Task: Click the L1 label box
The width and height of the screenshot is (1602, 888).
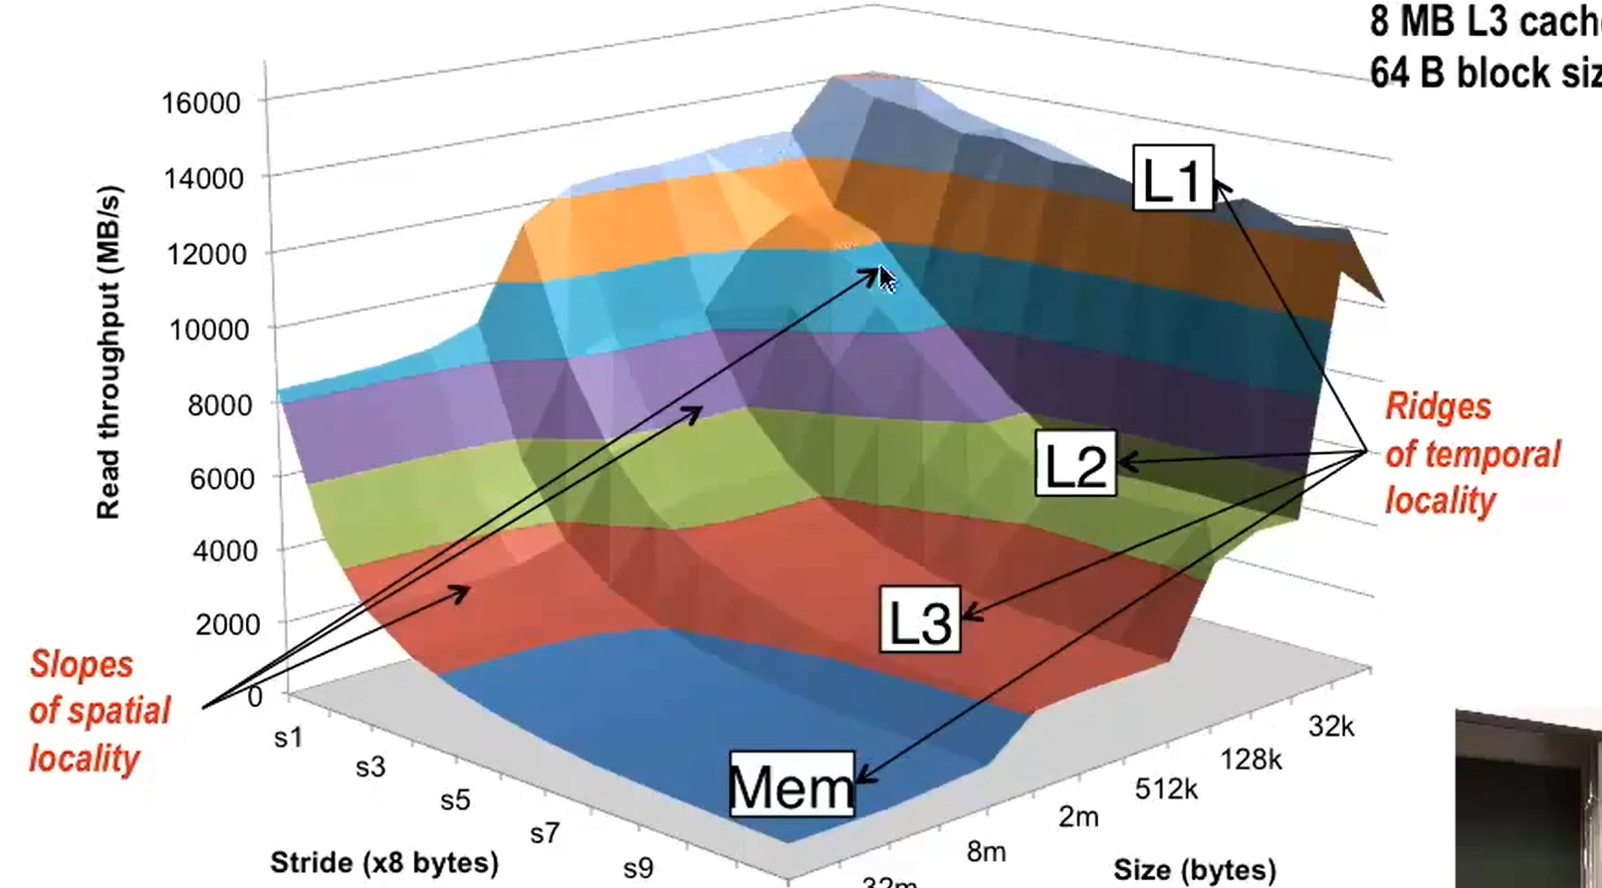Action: (x=1173, y=179)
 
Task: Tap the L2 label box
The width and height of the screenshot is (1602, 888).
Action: (x=1075, y=464)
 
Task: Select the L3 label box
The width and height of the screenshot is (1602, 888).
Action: (x=920, y=620)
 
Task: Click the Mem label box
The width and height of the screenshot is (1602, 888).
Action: (x=792, y=785)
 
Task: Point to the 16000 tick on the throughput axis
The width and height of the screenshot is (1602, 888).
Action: (x=201, y=103)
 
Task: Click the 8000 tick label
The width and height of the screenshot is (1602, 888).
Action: (x=219, y=404)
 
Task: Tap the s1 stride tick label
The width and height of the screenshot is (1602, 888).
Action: (x=288, y=738)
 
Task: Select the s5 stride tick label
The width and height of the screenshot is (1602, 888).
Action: (x=455, y=800)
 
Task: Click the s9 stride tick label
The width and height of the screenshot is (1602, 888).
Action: (x=638, y=868)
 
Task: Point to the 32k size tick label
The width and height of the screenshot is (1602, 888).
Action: (x=1331, y=727)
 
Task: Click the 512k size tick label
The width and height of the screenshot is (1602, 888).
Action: (x=1166, y=789)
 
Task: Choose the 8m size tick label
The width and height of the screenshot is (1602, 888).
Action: (x=986, y=852)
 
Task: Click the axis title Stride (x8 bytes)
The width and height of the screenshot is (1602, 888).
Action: (x=383, y=862)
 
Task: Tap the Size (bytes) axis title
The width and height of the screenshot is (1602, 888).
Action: (x=1194, y=870)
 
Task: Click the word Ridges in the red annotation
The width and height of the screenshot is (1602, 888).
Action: (x=1438, y=406)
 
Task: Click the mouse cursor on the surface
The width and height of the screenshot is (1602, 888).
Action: (x=886, y=279)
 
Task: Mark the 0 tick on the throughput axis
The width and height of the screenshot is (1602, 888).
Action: (x=255, y=697)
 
